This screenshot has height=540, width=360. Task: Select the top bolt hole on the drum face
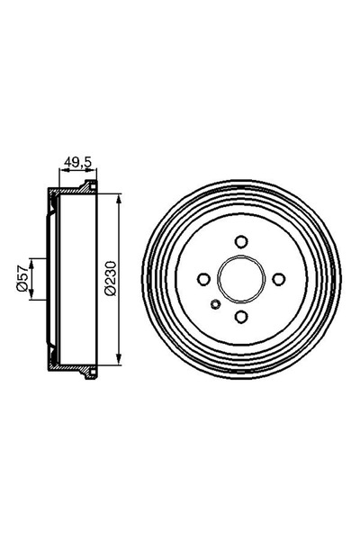click(x=240, y=241)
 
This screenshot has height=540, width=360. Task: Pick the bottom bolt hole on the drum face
click(x=240, y=316)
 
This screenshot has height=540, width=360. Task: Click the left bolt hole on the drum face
click(x=203, y=279)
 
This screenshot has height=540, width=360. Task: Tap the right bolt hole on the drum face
click(x=278, y=279)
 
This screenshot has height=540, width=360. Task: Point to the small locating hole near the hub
click(x=215, y=303)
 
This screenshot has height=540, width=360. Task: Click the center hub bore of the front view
click(x=240, y=279)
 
